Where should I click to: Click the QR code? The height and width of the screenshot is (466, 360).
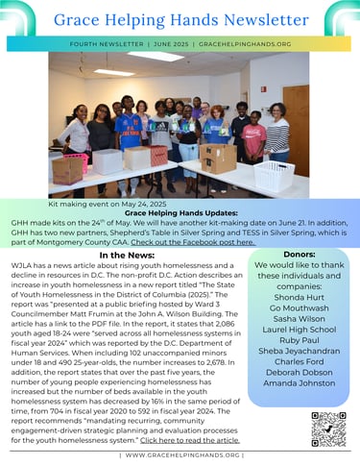[328, 429]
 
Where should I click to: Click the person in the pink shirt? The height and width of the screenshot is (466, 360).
[254, 137]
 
